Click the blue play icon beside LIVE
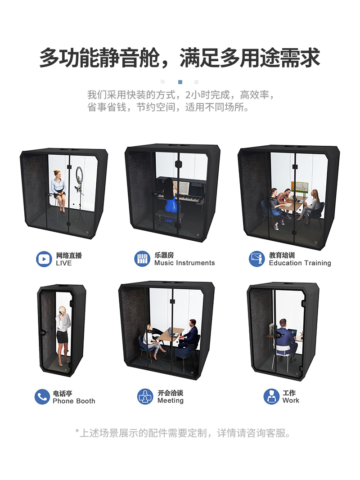tap(44, 259)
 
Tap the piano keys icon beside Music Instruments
tap(142, 259)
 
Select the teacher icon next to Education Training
tap(257, 259)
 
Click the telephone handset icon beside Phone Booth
tap(42, 397)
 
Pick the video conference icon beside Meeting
tap(145, 396)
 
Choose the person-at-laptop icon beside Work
tap(271, 396)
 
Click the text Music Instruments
tap(184, 263)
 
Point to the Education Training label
tap(300, 263)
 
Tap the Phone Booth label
tap(74, 401)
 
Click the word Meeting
tap(171, 401)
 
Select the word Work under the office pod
tap(291, 400)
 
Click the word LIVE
tap(63, 263)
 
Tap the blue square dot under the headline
tap(180, 82)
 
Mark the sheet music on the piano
tap(184, 186)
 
